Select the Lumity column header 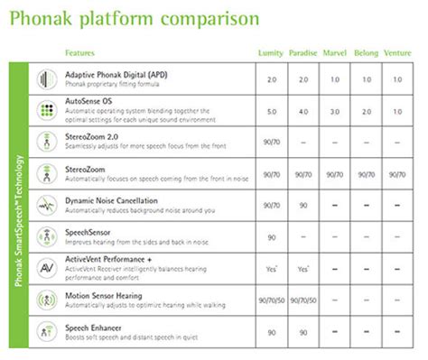coord(270,52)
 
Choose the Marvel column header coord(334,52)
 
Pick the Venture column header coord(397,52)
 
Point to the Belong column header coord(366,52)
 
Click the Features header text coord(82,52)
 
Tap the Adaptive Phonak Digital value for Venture coord(397,78)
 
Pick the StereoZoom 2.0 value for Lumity coord(270,143)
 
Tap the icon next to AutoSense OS coord(42,110)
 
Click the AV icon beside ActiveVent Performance coord(42,268)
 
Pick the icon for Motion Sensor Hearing coord(42,300)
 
